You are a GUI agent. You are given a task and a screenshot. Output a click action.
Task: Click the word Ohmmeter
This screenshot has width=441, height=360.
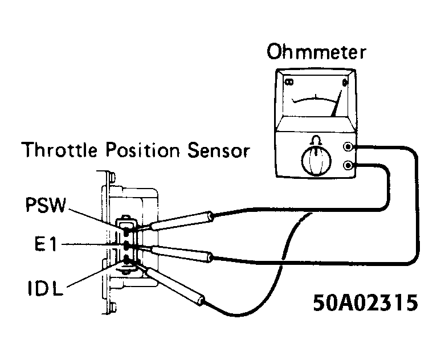pyautogui.click(x=316, y=54)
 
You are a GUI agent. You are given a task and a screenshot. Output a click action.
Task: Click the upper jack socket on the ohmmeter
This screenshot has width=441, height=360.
pyautogui.click(x=348, y=146)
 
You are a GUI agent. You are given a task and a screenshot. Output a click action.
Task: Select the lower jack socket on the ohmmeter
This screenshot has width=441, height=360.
pyautogui.click(x=348, y=166)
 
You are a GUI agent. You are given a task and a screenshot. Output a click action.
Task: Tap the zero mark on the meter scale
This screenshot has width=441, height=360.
pyautogui.click(x=344, y=83)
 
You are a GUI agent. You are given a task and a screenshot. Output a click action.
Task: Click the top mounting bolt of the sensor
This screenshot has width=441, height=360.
pyautogui.click(x=112, y=175)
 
